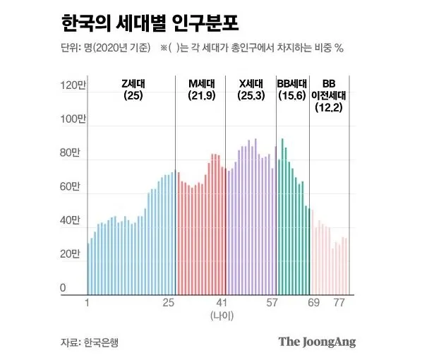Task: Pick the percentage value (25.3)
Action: point(251,95)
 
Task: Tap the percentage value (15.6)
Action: point(292,95)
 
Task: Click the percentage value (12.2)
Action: point(329,107)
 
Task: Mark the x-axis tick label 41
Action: point(222,303)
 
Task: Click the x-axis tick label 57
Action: point(272,303)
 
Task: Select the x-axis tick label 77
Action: point(339,303)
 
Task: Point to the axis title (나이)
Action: point(222,316)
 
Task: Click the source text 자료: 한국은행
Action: point(89,342)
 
